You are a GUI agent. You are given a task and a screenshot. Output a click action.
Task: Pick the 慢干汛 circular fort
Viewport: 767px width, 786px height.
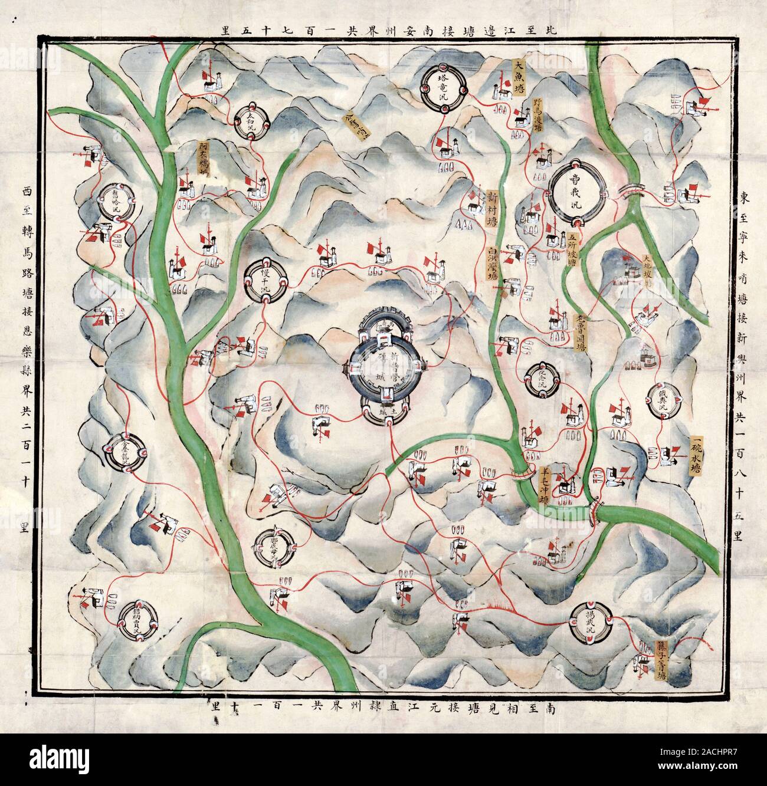[265, 282]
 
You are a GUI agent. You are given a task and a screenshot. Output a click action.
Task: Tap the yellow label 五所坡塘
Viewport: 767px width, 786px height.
[571, 249]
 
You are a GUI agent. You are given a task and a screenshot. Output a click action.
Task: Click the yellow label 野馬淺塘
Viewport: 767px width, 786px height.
[536, 118]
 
